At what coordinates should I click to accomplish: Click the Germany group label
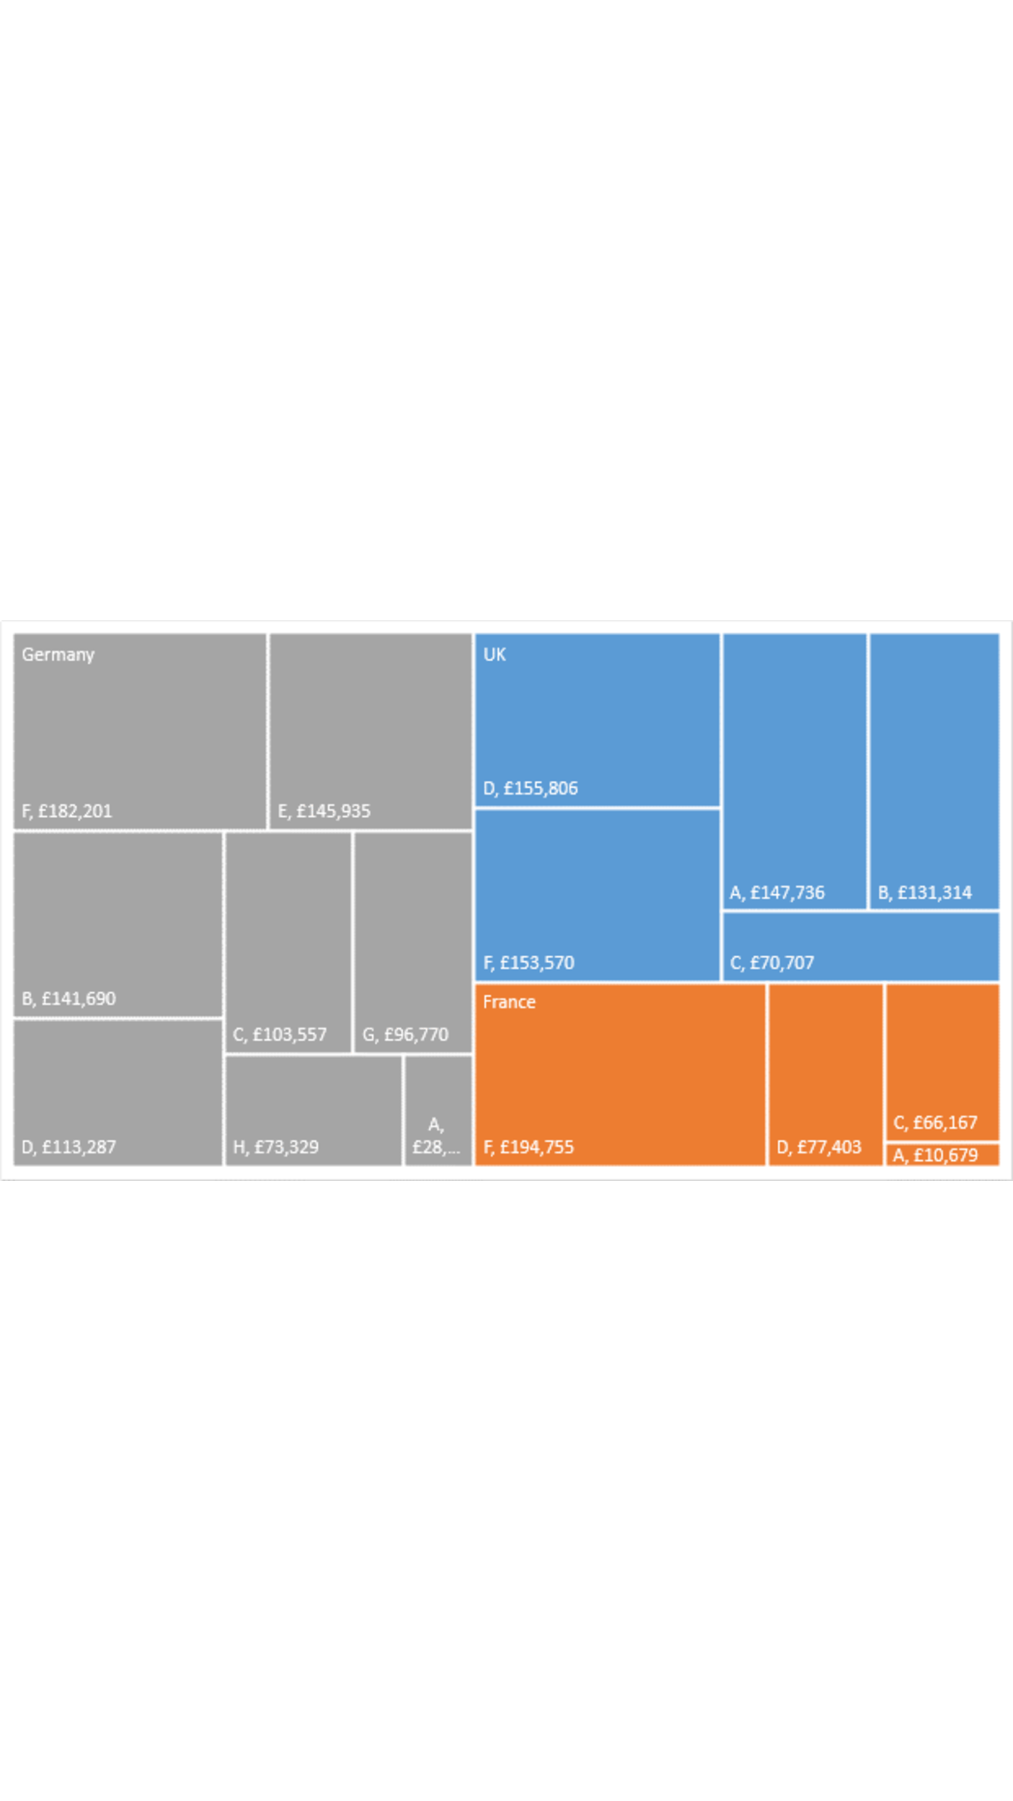tap(58, 655)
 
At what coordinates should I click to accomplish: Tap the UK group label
tap(494, 655)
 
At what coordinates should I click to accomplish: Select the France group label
tap(509, 1002)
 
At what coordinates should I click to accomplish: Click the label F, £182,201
tap(66, 811)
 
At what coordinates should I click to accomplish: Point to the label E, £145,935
tap(324, 811)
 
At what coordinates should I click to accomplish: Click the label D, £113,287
tap(68, 1147)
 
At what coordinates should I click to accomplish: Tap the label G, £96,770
tap(405, 1034)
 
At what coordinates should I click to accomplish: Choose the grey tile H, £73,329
tap(313, 1110)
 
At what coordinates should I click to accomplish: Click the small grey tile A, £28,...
tap(437, 1110)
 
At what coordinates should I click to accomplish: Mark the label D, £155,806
tap(531, 788)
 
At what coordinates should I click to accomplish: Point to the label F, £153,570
tap(529, 963)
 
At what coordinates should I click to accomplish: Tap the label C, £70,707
tap(772, 963)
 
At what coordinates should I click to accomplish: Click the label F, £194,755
tap(529, 1147)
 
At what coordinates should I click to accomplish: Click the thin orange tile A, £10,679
tap(941, 1155)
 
